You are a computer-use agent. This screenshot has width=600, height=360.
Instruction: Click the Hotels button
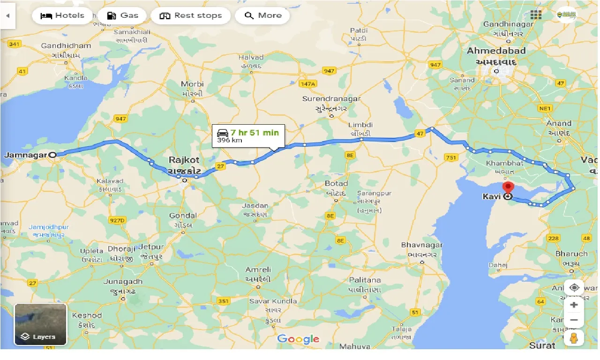tap(62, 15)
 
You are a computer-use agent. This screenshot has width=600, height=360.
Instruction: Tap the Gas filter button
tap(122, 15)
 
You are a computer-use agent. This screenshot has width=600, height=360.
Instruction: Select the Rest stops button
tap(191, 15)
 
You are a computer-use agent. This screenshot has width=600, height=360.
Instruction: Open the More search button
tap(262, 15)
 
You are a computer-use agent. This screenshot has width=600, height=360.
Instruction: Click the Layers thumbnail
tap(41, 324)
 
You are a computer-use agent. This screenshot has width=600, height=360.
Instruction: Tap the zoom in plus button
tap(574, 305)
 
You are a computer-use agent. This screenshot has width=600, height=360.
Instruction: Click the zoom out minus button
tap(574, 321)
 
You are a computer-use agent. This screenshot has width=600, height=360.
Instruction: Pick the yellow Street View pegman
tap(574, 338)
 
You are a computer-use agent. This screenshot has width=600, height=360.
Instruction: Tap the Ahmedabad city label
tap(496, 51)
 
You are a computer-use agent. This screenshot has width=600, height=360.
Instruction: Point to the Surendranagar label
tap(331, 99)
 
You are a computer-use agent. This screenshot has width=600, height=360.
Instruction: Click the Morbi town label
tap(192, 84)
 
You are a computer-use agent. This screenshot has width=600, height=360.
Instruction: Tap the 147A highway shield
tap(308, 83)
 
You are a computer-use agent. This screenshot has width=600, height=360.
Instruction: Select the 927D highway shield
tap(117, 220)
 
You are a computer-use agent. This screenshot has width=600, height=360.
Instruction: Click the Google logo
tap(298, 339)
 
